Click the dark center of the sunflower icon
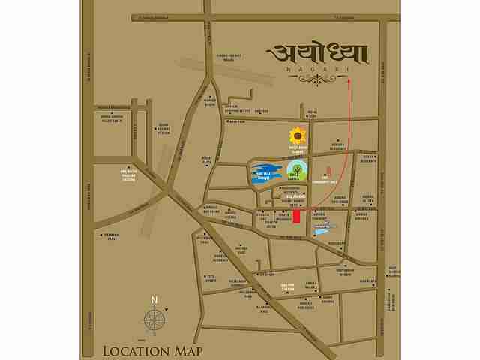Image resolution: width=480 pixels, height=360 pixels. tap(298, 136)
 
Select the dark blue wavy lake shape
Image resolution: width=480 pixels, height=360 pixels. tap(264, 173)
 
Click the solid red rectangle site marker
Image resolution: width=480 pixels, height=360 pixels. tap(297, 216)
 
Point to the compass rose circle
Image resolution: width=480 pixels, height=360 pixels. tap(154, 320)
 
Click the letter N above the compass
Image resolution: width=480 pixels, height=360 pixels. tap(154, 300)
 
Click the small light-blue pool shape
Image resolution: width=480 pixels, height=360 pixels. tap(322, 231)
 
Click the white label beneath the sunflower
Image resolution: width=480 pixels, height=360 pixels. tap(298, 148)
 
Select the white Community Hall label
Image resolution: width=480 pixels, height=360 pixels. tap(325, 181)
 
